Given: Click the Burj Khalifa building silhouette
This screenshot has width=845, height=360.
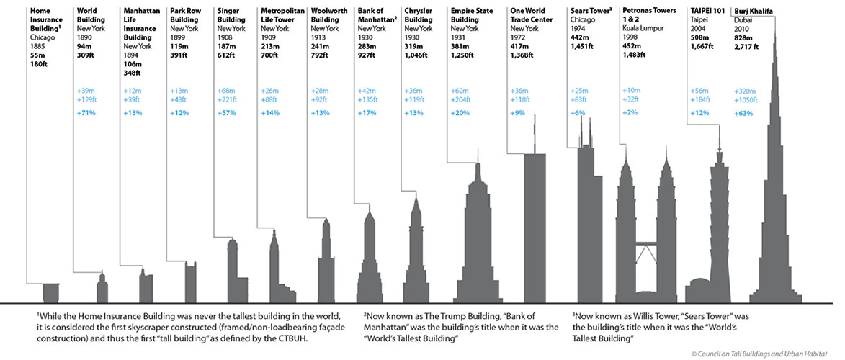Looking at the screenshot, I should coord(774,216).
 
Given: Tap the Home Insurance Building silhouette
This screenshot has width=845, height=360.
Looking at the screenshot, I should coord(50,293).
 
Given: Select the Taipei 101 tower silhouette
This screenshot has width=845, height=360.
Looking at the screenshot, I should coord(718,230).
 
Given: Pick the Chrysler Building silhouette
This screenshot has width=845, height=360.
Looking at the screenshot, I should coord(414,252).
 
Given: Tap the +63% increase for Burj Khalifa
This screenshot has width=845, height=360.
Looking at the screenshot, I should coord(743,114).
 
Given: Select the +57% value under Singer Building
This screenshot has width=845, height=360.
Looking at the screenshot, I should coord(226,114).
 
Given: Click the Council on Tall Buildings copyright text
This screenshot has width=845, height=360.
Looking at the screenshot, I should coord(764,353).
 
